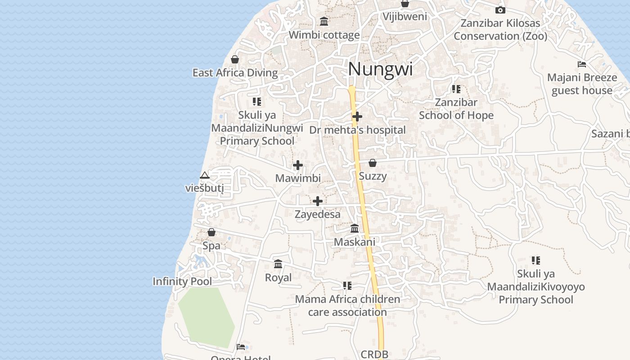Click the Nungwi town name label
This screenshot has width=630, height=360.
(380, 69)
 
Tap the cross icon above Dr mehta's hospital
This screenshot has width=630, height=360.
(357, 117)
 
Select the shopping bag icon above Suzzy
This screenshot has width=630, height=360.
(373, 163)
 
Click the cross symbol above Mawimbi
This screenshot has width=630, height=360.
(298, 165)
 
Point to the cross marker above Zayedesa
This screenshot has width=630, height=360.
(318, 201)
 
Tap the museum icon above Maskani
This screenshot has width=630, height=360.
(355, 229)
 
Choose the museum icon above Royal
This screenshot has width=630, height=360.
(278, 264)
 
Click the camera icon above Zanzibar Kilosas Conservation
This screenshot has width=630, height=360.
(500, 10)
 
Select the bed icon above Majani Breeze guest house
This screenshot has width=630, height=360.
(582, 64)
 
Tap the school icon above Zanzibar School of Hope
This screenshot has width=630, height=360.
(456, 89)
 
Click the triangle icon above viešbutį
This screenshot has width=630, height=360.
(205, 175)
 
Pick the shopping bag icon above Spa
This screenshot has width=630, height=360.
(211, 232)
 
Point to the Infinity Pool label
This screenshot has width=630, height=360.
(182, 282)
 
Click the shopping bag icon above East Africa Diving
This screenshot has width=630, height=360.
(235, 59)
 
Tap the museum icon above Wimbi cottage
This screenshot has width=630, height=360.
(324, 21)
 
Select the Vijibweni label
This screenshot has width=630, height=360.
(405, 17)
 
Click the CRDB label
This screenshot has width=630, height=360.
(374, 355)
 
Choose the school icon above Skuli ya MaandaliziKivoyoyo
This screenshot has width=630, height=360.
(535, 261)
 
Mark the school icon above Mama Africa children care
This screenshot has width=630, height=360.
(347, 286)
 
